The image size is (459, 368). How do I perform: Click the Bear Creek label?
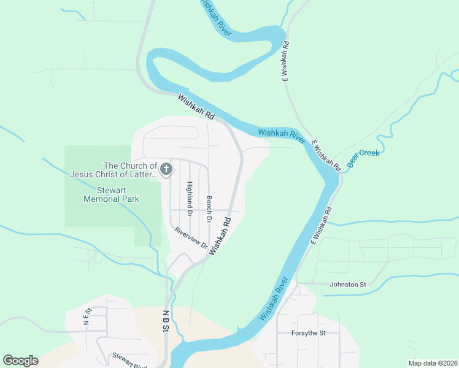click(363, 159)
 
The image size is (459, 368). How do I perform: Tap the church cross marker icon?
click(166, 169)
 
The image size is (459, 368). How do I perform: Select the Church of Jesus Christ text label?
click(114, 170)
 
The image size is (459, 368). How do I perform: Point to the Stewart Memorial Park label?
click(111, 194)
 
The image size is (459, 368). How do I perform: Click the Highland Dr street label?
click(190, 199)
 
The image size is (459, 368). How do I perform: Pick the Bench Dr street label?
click(209, 209)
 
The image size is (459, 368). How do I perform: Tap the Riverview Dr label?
click(191, 238)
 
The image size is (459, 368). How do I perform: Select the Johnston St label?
click(347, 285)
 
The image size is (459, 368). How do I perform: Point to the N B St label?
click(166, 320)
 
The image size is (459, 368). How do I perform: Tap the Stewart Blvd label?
click(128, 361)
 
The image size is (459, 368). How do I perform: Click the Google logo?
click(20, 361)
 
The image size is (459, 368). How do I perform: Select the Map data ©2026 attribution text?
click(433, 363)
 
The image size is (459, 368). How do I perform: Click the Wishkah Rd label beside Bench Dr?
click(220, 236)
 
